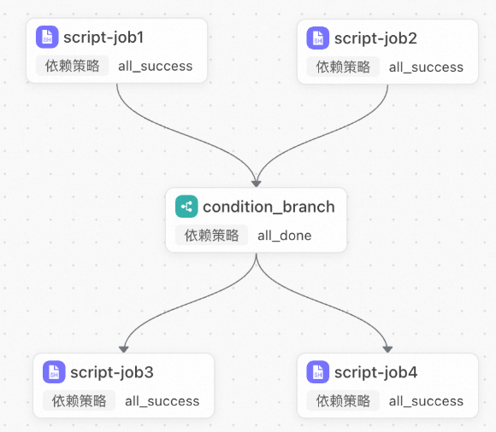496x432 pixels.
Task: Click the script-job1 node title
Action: (103, 38)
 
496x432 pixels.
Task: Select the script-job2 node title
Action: (375, 38)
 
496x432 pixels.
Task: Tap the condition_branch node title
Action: (269, 207)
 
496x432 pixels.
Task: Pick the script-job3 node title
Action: (112, 372)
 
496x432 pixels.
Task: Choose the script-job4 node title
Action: (375, 372)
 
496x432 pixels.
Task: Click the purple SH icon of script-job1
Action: (47, 37)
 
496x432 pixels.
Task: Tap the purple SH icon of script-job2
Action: (318, 38)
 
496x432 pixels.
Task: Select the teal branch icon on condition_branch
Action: (186, 207)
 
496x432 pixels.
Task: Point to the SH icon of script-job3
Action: (54, 372)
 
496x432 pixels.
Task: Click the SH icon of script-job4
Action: (318, 372)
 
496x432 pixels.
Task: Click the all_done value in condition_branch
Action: (285, 236)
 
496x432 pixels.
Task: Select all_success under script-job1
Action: (156, 67)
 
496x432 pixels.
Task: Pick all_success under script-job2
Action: (426, 67)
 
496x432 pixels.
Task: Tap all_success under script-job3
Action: (162, 401)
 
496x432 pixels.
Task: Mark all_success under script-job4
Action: (426, 401)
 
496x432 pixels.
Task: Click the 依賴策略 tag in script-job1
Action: (72, 66)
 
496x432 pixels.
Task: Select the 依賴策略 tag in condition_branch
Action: (211, 236)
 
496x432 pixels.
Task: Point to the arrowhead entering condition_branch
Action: (257, 184)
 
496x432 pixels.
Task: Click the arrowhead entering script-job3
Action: (124, 349)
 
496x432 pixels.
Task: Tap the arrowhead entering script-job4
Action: (387, 349)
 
